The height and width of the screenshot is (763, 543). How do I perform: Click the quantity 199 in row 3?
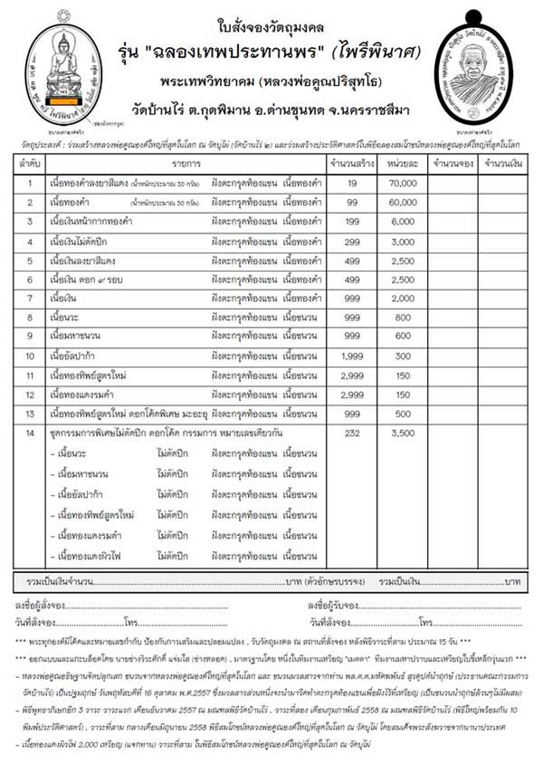click(353, 222)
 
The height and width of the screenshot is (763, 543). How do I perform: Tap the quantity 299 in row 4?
click(353, 242)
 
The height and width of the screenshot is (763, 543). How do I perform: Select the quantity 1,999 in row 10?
click(353, 356)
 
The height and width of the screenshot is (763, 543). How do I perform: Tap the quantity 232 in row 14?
click(353, 434)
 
